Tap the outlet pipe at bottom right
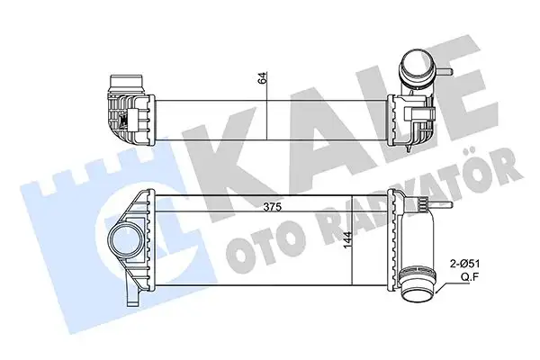[416, 288]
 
